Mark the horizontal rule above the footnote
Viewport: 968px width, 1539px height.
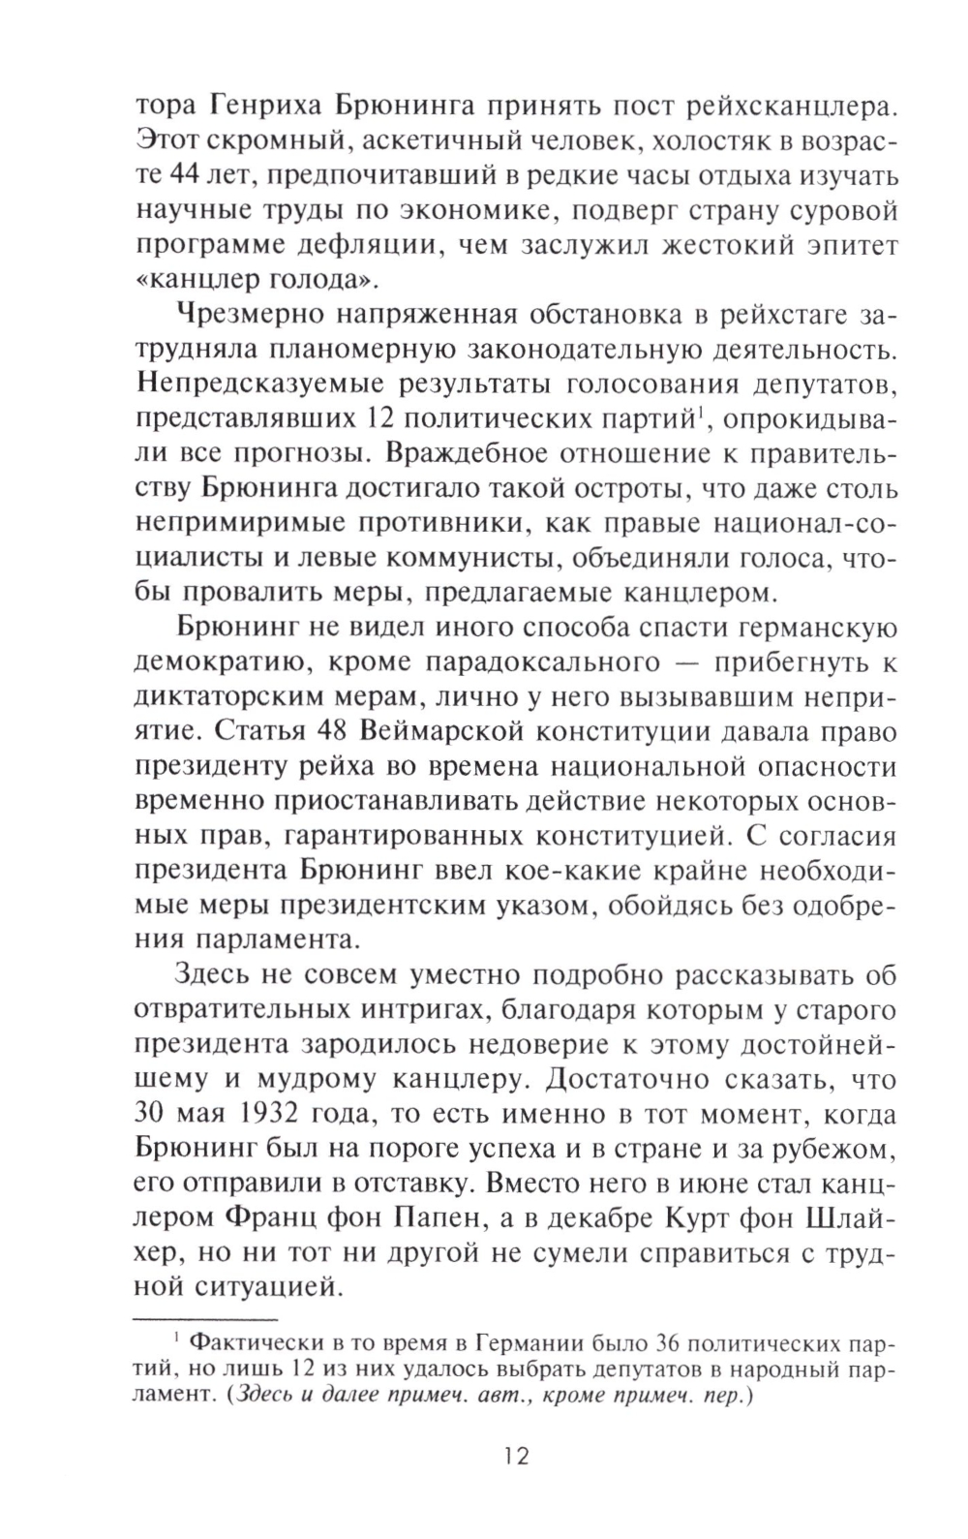[204, 1319]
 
